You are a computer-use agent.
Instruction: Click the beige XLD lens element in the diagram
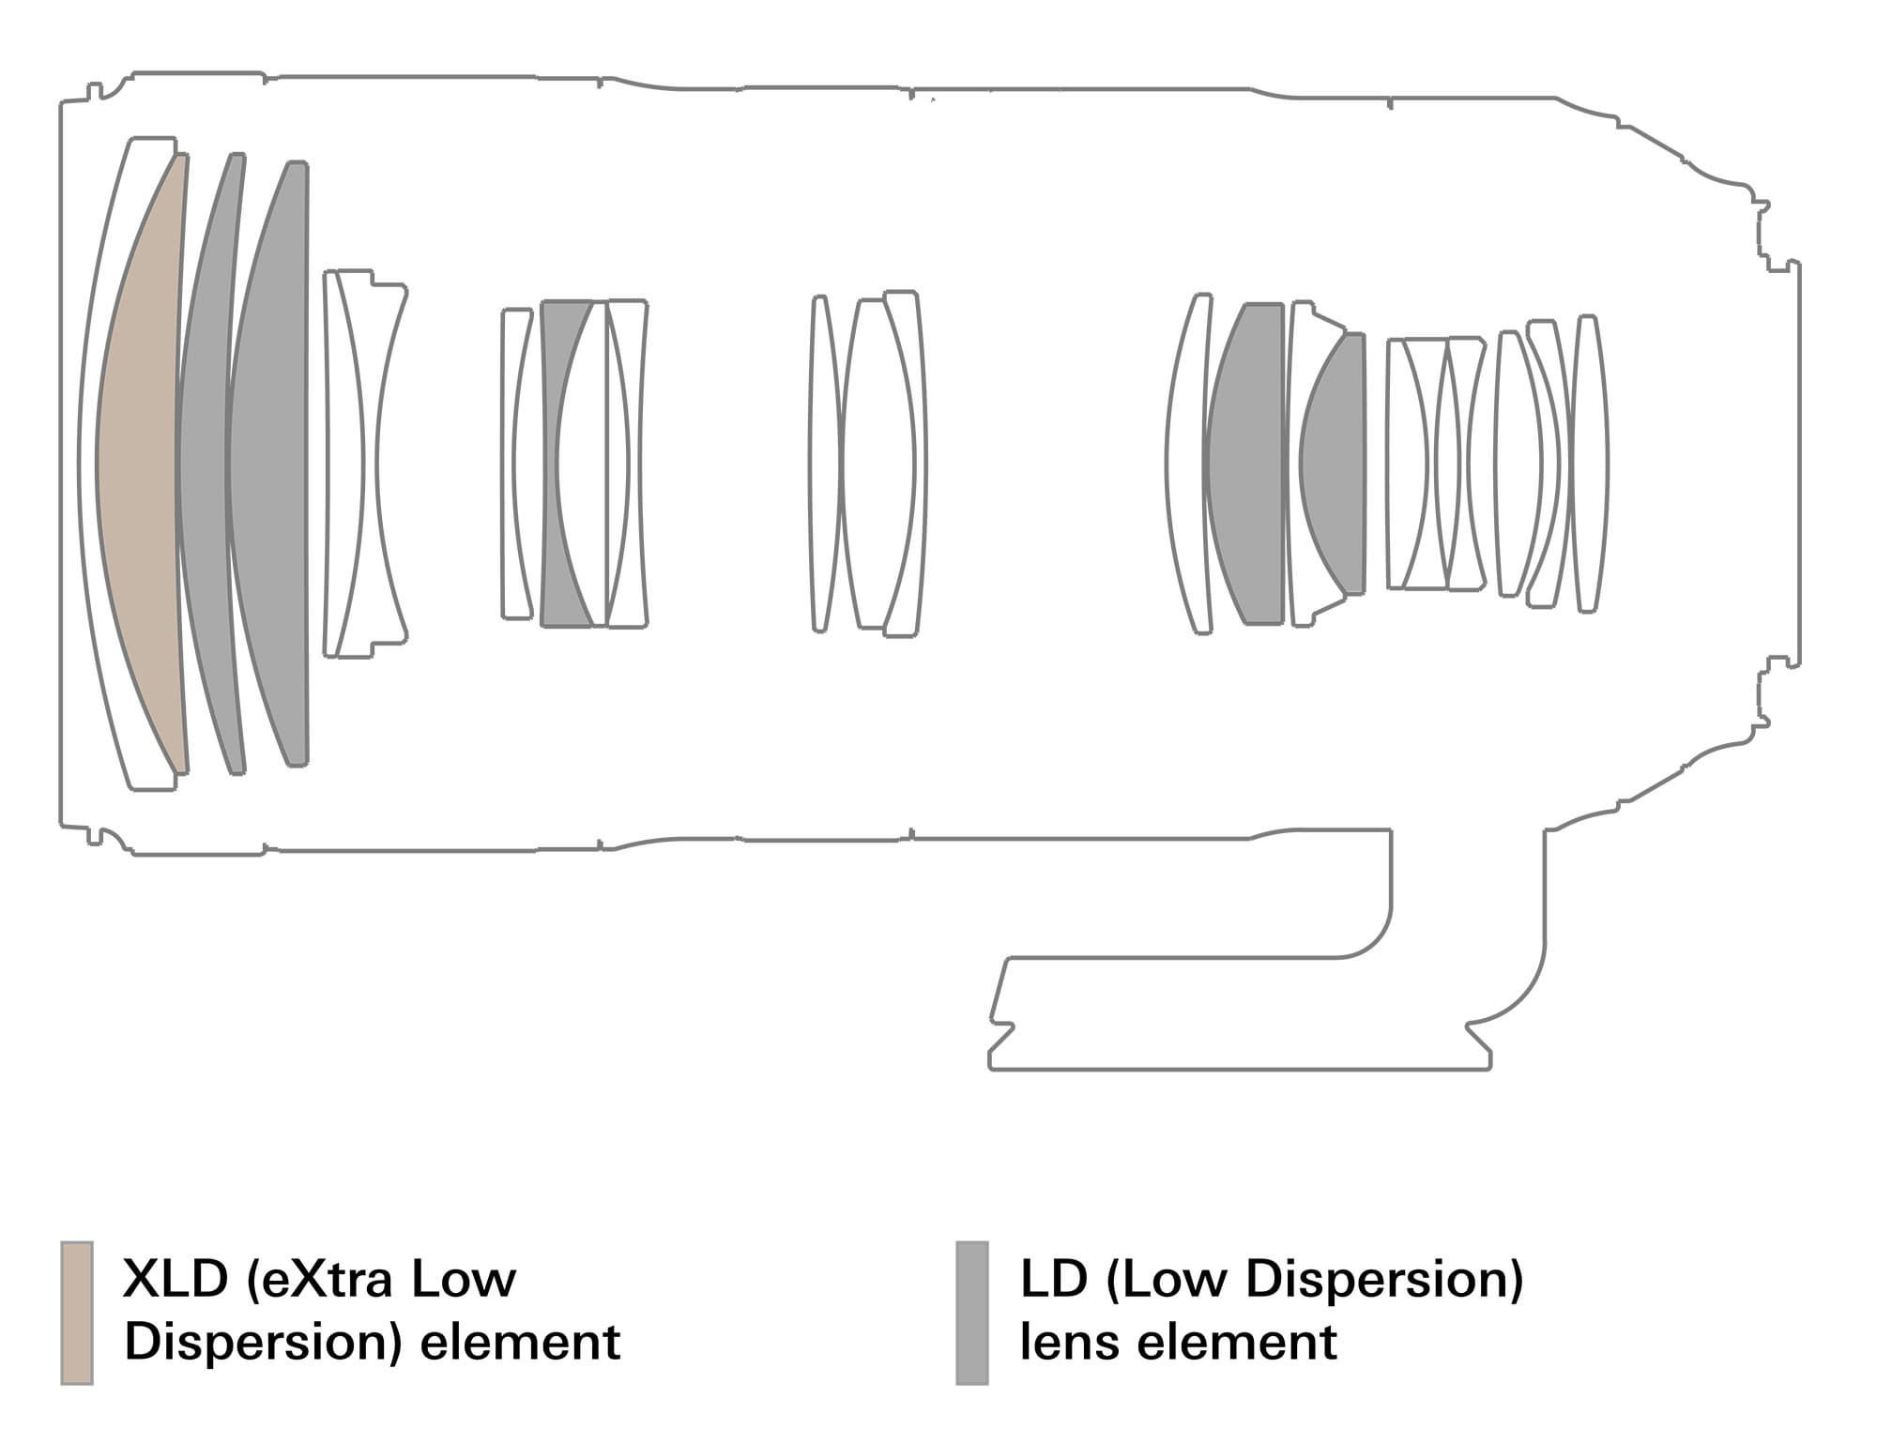(141, 464)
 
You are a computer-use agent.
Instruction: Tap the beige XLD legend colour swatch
(77, 1313)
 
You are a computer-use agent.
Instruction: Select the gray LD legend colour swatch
(972, 1313)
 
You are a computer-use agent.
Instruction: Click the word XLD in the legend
(175, 1279)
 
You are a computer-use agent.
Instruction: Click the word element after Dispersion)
(520, 1342)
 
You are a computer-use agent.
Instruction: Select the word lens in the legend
(1065, 1342)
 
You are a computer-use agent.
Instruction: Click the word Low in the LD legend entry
(1161, 1279)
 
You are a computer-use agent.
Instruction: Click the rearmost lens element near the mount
(1589, 464)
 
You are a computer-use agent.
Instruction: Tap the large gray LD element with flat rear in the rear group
(1244, 464)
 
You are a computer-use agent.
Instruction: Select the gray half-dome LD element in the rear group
(1333, 464)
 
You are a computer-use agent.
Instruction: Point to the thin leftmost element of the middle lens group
(822, 464)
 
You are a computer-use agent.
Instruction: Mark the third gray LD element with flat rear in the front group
(268, 464)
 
